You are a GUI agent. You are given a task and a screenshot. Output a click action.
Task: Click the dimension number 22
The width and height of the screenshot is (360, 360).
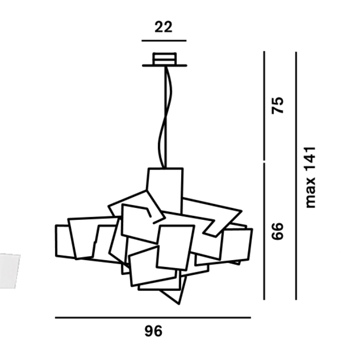[163, 27]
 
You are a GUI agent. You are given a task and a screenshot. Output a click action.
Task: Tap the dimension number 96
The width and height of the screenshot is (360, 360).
[153, 331]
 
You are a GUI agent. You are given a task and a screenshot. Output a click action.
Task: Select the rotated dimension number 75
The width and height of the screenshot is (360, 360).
[278, 105]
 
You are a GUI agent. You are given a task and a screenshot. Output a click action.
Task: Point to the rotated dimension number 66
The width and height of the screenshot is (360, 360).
[278, 231]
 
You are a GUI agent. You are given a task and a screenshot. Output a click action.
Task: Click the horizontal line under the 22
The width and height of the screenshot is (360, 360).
[164, 41]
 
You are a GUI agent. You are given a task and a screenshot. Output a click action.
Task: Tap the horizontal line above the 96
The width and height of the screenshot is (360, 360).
[153, 318]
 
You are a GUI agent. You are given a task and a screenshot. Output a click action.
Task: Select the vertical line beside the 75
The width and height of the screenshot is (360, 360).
[264, 105]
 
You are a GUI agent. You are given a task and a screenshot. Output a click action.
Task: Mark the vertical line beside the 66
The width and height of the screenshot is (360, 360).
[264, 231]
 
